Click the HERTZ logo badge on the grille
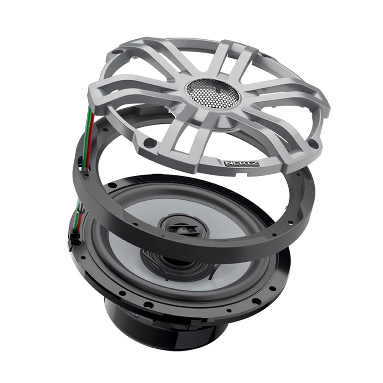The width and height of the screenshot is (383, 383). pos(241,163)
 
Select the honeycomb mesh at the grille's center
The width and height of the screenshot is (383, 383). pos(212,94)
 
